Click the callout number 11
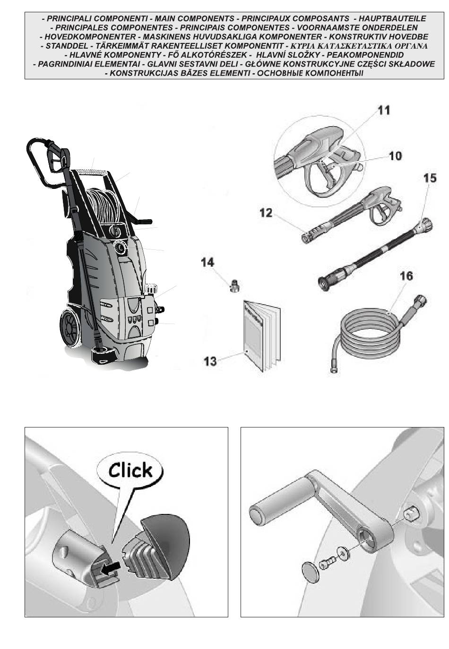383,110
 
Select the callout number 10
395,155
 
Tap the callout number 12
266,213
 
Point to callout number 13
210,361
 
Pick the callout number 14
207,263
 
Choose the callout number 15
430,178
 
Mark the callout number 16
406,276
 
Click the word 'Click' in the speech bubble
130,470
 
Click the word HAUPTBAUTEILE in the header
392,19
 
